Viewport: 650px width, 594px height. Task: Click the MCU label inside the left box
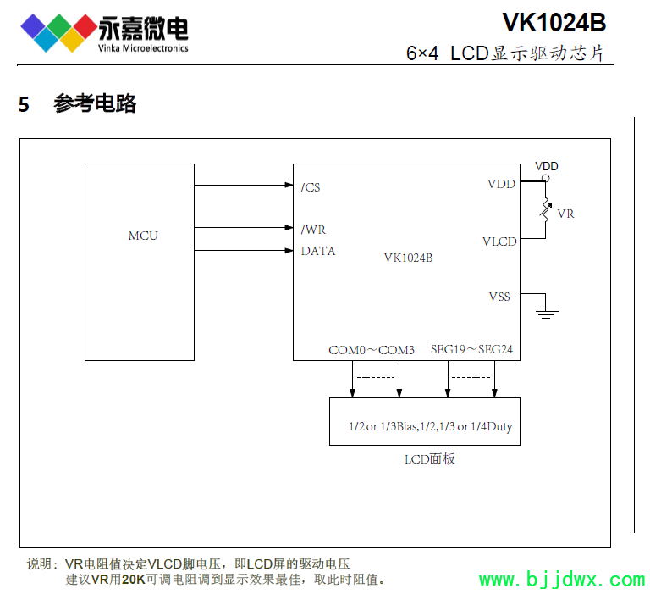tap(143, 236)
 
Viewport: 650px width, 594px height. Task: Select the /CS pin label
tap(311, 187)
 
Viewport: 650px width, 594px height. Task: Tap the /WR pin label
tap(313, 230)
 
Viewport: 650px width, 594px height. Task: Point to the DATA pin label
tap(318, 251)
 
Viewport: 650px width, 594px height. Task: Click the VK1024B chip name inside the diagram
tap(408, 258)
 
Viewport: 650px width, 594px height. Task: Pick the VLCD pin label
tap(499, 241)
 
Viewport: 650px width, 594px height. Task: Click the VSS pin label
tap(499, 297)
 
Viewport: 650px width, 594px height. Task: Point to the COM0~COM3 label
tap(372, 349)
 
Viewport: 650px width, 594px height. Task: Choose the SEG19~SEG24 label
tap(471, 349)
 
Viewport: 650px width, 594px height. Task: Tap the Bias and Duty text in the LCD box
tap(431, 426)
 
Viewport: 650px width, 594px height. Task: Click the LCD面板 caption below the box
tap(430, 459)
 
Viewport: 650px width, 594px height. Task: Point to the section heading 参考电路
tap(95, 104)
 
